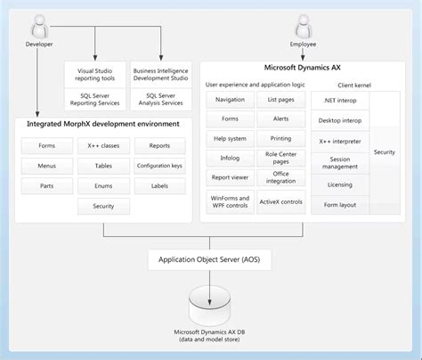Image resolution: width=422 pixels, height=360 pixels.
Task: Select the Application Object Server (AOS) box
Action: (210, 260)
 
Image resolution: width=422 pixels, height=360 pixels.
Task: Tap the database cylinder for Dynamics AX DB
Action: (210, 306)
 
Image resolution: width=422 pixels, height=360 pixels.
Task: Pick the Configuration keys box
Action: (160, 165)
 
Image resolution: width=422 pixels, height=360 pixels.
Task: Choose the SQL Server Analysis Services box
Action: (160, 99)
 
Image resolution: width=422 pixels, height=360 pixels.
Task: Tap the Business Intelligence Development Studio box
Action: (160, 73)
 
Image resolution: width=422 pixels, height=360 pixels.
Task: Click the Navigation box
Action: (230, 100)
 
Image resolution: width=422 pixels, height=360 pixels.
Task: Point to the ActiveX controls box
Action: (281, 201)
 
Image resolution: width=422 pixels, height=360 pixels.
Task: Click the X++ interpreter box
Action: (340, 142)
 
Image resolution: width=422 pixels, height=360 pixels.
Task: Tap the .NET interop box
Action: (340, 100)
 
